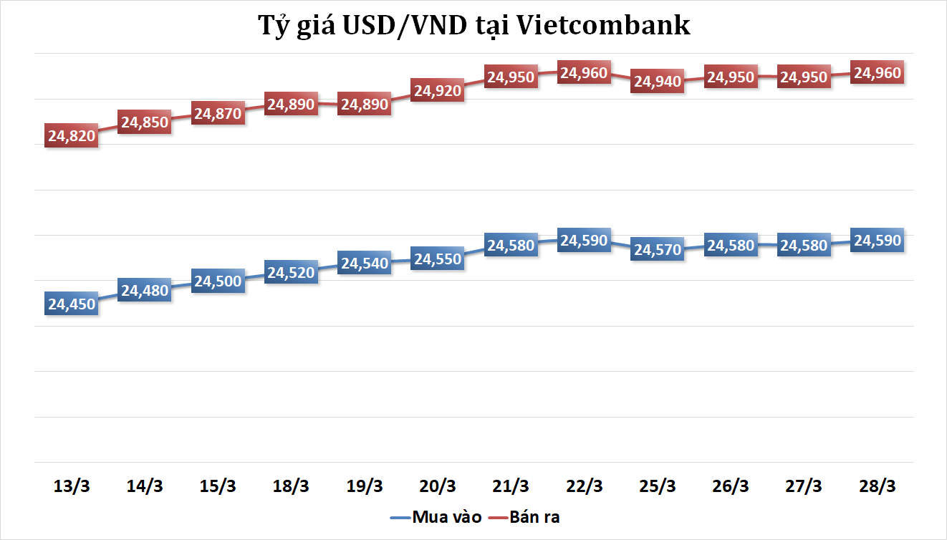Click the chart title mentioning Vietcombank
click(x=473, y=26)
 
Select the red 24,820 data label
click(x=71, y=135)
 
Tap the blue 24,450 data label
click(x=71, y=304)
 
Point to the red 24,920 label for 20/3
click(x=438, y=90)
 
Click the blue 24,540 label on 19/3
click(x=365, y=263)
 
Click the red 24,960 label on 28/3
click(x=877, y=72)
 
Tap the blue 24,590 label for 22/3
click(x=584, y=241)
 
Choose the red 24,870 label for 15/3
click(x=218, y=113)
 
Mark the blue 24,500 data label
click(x=218, y=281)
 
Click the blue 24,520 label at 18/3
click(x=291, y=272)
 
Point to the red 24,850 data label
click(x=144, y=122)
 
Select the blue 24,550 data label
click(x=438, y=259)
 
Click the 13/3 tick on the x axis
click(x=71, y=486)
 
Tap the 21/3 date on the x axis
click(x=511, y=486)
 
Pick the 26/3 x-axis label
click(x=731, y=486)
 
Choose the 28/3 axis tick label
click(x=877, y=486)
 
